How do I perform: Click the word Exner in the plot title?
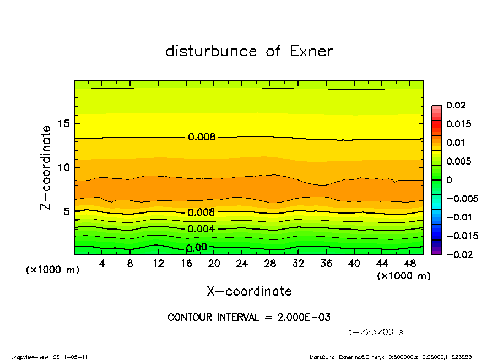[311, 51]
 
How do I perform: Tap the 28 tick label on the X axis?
[270, 264]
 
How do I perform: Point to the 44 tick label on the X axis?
[382, 264]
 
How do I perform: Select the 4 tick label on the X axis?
[102, 264]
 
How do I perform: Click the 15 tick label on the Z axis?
[64, 124]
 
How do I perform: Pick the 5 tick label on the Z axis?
[67, 211]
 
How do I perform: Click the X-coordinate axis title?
[249, 291]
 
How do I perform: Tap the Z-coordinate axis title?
[46, 167]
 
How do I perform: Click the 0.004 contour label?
[201, 229]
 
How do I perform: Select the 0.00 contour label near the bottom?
[197, 248]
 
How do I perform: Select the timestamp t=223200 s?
[376, 332]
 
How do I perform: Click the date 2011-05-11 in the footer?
[71, 357]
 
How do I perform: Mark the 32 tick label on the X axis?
[298, 264]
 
